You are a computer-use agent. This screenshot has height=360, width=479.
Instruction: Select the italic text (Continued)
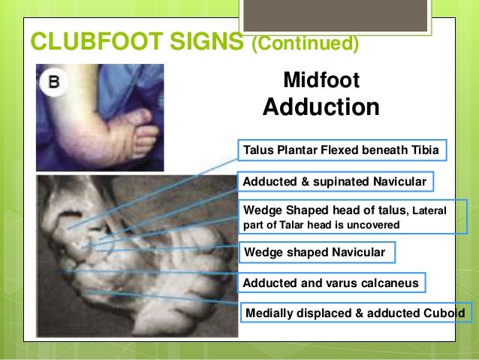[x=304, y=44]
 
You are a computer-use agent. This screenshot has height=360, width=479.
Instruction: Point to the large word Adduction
[x=321, y=107]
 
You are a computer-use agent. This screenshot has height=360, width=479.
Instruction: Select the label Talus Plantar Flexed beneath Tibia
[x=342, y=150]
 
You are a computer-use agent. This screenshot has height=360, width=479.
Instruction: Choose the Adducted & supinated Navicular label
[x=335, y=182]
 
